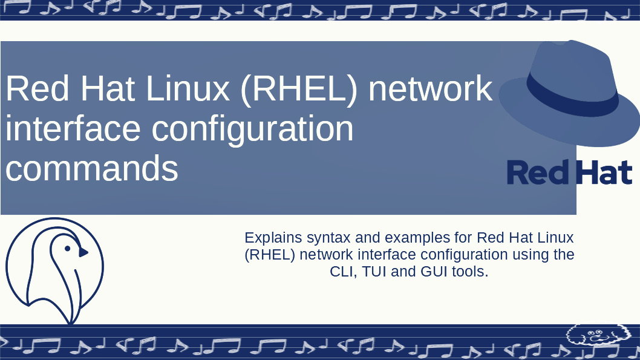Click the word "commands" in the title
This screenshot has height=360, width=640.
tap(92, 169)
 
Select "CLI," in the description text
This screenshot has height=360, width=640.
tap(343, 272)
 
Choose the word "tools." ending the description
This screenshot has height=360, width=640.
tap(470, 272)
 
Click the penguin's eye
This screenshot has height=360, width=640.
tap(68, 248)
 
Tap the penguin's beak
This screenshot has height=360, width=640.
tap(83, 252)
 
